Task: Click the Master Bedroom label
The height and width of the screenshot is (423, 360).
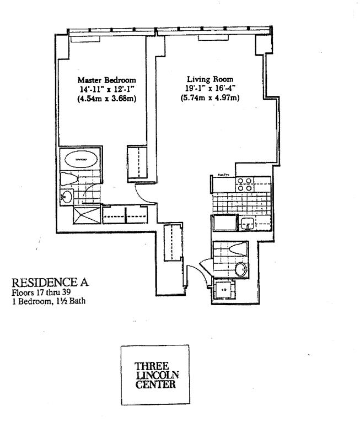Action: click(107, 79)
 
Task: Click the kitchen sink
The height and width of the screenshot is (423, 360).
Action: click(246, 223)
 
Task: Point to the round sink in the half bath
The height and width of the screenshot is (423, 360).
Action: click(240, 270)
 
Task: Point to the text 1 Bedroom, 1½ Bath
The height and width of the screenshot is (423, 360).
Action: click(50, 301)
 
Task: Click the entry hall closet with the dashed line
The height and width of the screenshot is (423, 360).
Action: click(174, 242)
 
